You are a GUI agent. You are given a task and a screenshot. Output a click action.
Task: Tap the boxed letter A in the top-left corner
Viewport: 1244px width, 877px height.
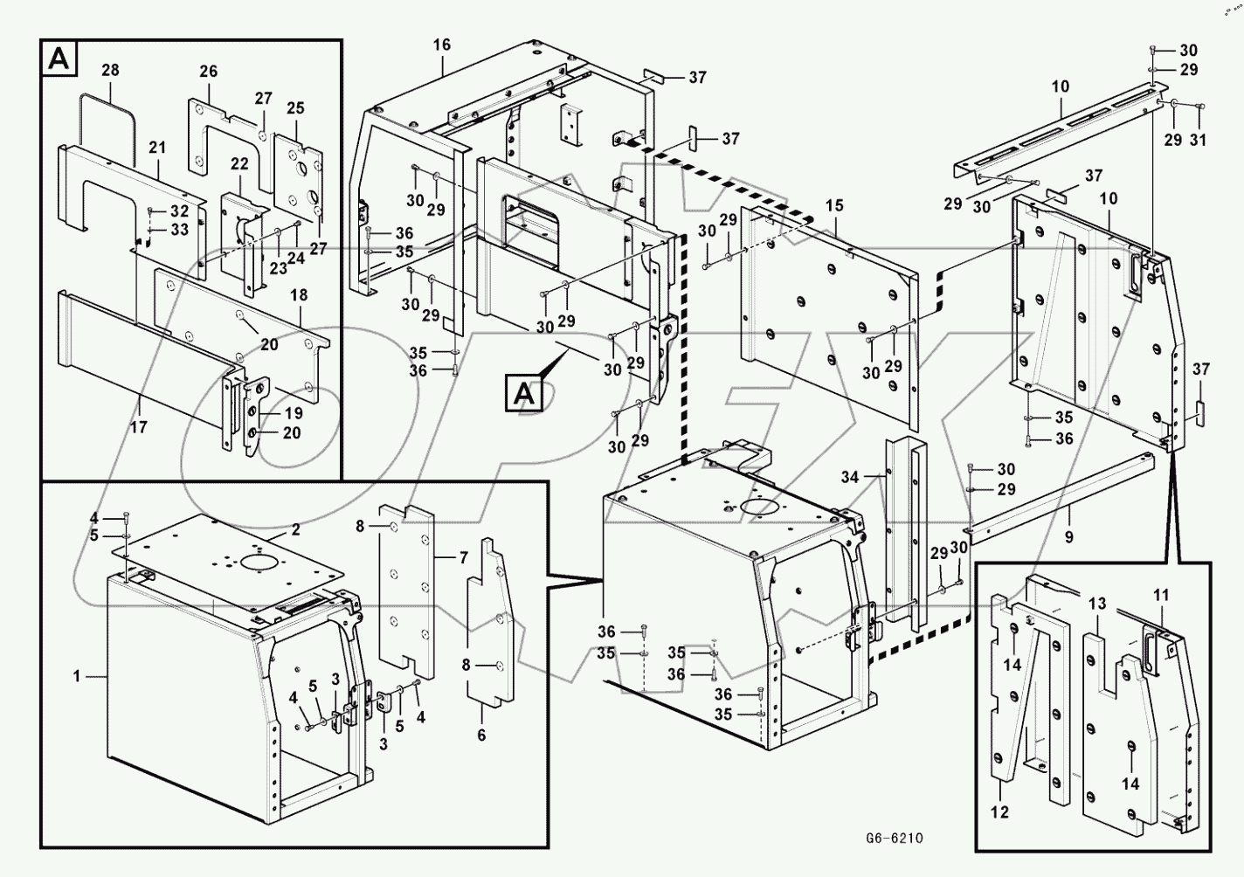click(x=59, y=59)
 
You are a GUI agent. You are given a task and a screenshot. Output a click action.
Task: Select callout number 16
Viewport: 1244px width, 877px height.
click(x=441, y=45)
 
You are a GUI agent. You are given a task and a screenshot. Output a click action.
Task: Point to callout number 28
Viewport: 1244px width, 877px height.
click(x=110, y=70)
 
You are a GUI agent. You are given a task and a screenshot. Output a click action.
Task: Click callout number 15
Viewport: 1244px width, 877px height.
click(x=834, y=206)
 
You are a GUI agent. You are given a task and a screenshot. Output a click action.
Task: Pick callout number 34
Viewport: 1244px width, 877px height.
click(x=850, y=477)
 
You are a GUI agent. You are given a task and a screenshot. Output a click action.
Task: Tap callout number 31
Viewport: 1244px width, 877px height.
click(x=1198, y=140)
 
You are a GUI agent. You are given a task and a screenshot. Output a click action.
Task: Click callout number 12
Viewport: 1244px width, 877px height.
click(x=999, y=812)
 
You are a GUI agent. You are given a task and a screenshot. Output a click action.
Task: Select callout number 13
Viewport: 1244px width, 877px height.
click(x=1097, y=604)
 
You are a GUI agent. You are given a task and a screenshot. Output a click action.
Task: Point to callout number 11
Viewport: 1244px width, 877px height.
click(x=1160, y=596)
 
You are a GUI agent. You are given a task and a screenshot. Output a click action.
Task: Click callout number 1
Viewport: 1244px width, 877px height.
click(x=77, y=676)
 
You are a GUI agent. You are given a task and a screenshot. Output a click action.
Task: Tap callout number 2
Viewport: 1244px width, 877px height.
click(x=295, y=529)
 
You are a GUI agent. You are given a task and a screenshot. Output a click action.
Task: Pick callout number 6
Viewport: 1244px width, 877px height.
click(x=481, y=735)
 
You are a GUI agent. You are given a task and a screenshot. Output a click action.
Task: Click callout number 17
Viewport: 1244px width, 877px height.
click(x=139, y=427)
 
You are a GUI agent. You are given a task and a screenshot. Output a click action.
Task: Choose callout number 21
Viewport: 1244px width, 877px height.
click(x=157, y=148)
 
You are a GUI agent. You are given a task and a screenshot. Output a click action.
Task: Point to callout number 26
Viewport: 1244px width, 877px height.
click(x=208, y=72)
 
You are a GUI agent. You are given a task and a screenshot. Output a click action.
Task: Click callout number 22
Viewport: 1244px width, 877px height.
click(x=240, y=165)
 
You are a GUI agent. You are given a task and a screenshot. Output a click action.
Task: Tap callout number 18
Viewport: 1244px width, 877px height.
click(x=299, y=295)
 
